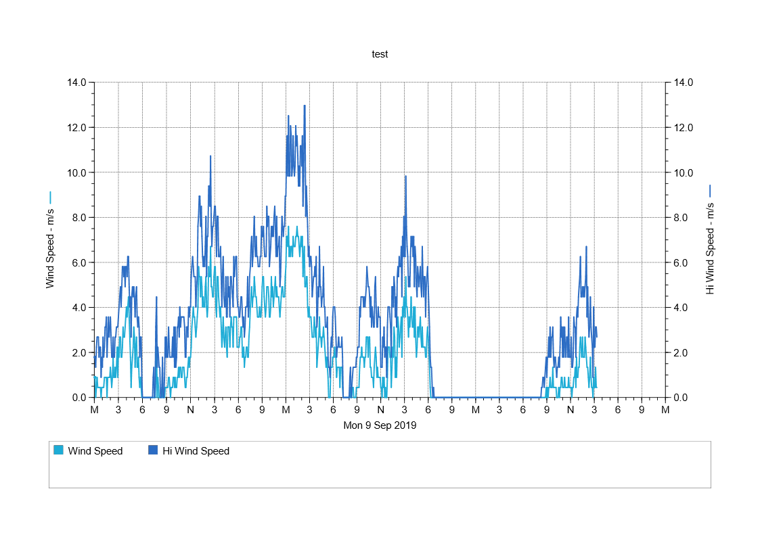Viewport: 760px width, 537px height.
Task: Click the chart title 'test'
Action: (380, 54)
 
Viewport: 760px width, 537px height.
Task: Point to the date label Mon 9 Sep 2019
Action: (380, 426)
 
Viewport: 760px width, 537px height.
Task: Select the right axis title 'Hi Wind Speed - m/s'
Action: (710, 251)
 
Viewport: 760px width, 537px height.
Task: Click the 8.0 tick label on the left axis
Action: (79, 218)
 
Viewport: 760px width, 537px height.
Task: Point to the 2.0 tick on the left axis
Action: (79, 352)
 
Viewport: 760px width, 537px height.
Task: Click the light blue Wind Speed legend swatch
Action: (58, 450)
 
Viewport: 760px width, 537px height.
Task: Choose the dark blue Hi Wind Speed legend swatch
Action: (153, 450)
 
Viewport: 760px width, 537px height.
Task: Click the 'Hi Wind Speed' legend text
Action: (196, 451)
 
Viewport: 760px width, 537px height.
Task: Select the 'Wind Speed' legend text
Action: (95, 451)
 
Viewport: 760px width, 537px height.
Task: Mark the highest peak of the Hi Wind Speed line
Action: (305, 106)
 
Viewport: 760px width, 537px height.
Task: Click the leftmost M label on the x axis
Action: (94, 410)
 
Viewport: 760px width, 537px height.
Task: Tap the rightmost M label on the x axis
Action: (665, 410)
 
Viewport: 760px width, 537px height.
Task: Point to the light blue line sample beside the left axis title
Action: (50, 197)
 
